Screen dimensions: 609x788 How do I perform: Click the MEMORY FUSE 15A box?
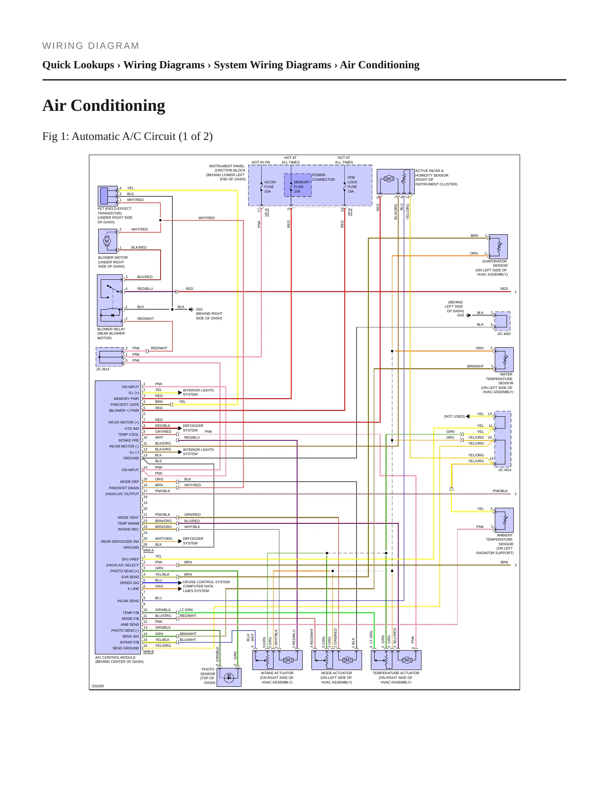coord(298,185)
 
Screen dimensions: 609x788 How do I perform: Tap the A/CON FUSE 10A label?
coord(270,187)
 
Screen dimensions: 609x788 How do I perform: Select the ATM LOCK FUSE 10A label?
coord(352,185)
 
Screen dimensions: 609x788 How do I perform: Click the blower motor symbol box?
coord(107,241)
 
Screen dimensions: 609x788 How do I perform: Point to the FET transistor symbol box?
coord(108,196)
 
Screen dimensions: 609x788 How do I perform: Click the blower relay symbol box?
coord(110,300)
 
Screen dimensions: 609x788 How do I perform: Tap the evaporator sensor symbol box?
coord(498,247)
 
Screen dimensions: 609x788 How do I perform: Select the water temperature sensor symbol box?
coord(504,359)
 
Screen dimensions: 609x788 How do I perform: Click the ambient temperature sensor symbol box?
coord(504,520)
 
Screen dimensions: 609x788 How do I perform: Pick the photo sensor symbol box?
coord(229,677)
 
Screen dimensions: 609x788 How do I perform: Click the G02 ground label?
coord(199,309)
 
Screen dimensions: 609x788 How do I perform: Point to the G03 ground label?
coord(460,315)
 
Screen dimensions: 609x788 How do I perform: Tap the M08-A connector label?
coord(148,550)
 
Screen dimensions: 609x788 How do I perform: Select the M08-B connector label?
coord(148,651)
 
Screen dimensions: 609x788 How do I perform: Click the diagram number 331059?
coord(98,686)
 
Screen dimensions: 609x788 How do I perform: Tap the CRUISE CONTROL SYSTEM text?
coord(206,582)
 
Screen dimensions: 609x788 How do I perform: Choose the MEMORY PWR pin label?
coord(126,399)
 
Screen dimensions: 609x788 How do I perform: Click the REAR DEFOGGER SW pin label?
coord(120,541)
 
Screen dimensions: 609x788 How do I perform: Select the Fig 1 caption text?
coord(127,137)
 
